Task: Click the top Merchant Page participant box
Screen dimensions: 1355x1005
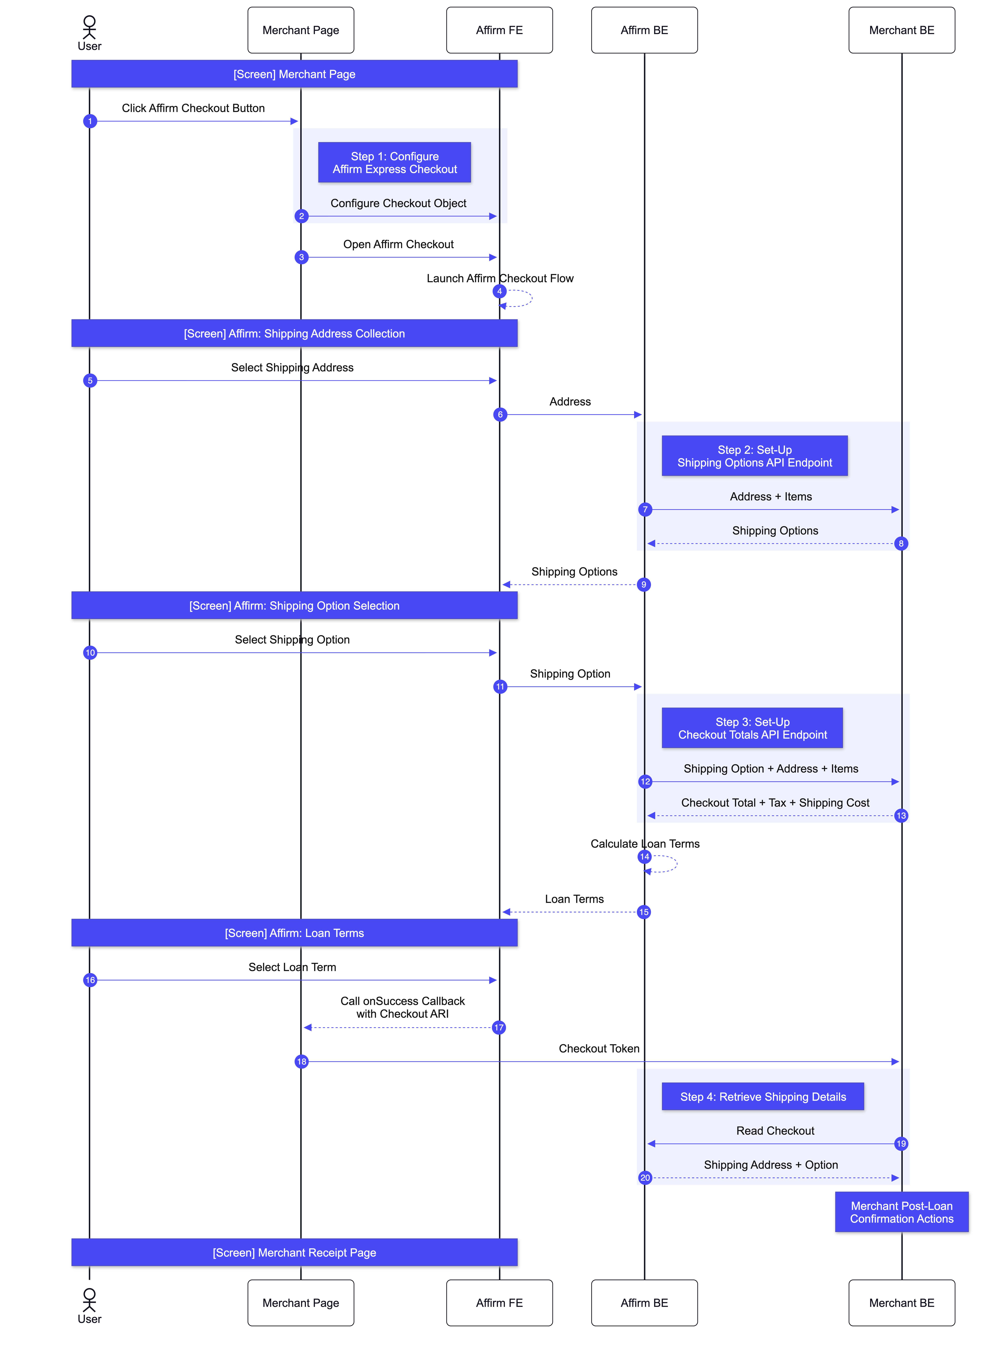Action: tap(301, 30)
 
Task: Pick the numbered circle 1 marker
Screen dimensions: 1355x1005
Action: tap(90, 121)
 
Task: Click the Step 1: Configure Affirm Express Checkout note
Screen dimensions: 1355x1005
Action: tap(394, 162)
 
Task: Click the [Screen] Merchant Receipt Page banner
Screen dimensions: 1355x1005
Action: tap(294, 1252)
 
